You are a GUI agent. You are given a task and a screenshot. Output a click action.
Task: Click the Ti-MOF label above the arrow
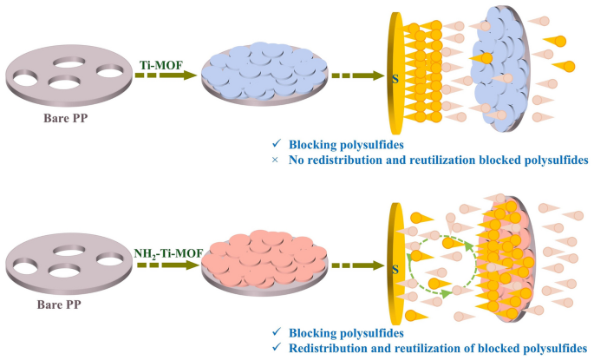(158, 63)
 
